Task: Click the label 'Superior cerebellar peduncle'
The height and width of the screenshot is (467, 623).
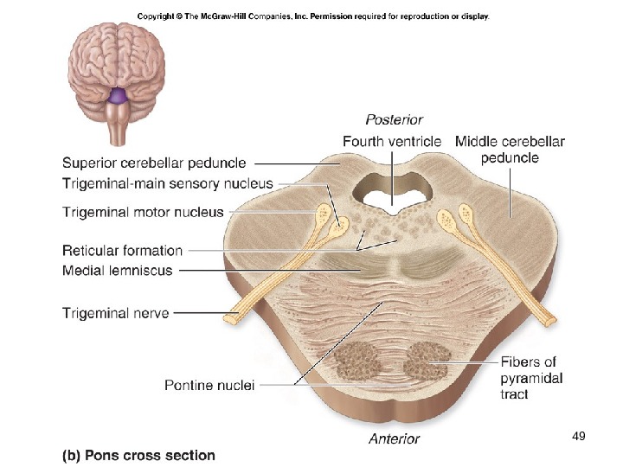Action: (154, 163)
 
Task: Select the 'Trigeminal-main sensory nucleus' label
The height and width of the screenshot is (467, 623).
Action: (167, 183)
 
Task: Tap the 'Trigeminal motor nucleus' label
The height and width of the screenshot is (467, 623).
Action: (143, 212)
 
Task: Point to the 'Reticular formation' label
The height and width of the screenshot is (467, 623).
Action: (122, 251)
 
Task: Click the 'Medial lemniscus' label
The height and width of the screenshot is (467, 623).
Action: (117, 271)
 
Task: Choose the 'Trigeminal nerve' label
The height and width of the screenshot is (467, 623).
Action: (115, 313)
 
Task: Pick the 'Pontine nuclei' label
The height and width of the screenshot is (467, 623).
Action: (209, 385)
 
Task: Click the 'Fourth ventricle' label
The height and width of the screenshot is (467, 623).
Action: (391, 141)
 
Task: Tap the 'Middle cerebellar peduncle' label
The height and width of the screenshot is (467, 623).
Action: (510, 149)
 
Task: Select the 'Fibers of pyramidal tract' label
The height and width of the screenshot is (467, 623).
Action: (531, 378)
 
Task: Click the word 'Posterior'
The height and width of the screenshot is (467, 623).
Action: (394, 119)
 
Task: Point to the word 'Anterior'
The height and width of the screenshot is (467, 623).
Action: (394, 438)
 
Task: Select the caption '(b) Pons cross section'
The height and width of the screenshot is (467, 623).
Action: (138, 455)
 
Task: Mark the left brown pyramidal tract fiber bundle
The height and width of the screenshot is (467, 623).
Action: (354, 361)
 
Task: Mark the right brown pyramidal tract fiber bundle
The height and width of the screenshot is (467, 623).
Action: (427, 361)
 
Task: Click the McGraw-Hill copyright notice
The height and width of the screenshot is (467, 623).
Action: (312, 16)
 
